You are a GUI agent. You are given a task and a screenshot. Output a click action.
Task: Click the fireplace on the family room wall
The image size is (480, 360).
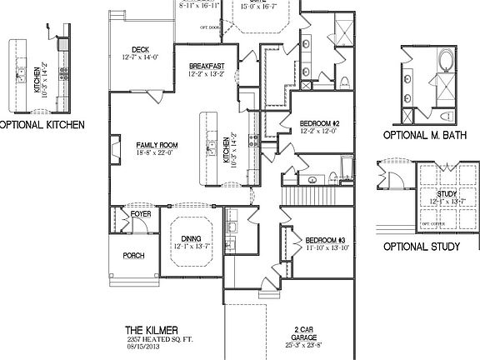[111, 149]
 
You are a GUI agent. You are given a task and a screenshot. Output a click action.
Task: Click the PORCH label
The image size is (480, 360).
[133, 255]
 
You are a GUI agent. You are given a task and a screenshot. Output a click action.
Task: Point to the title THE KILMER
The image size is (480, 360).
[146, 331]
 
